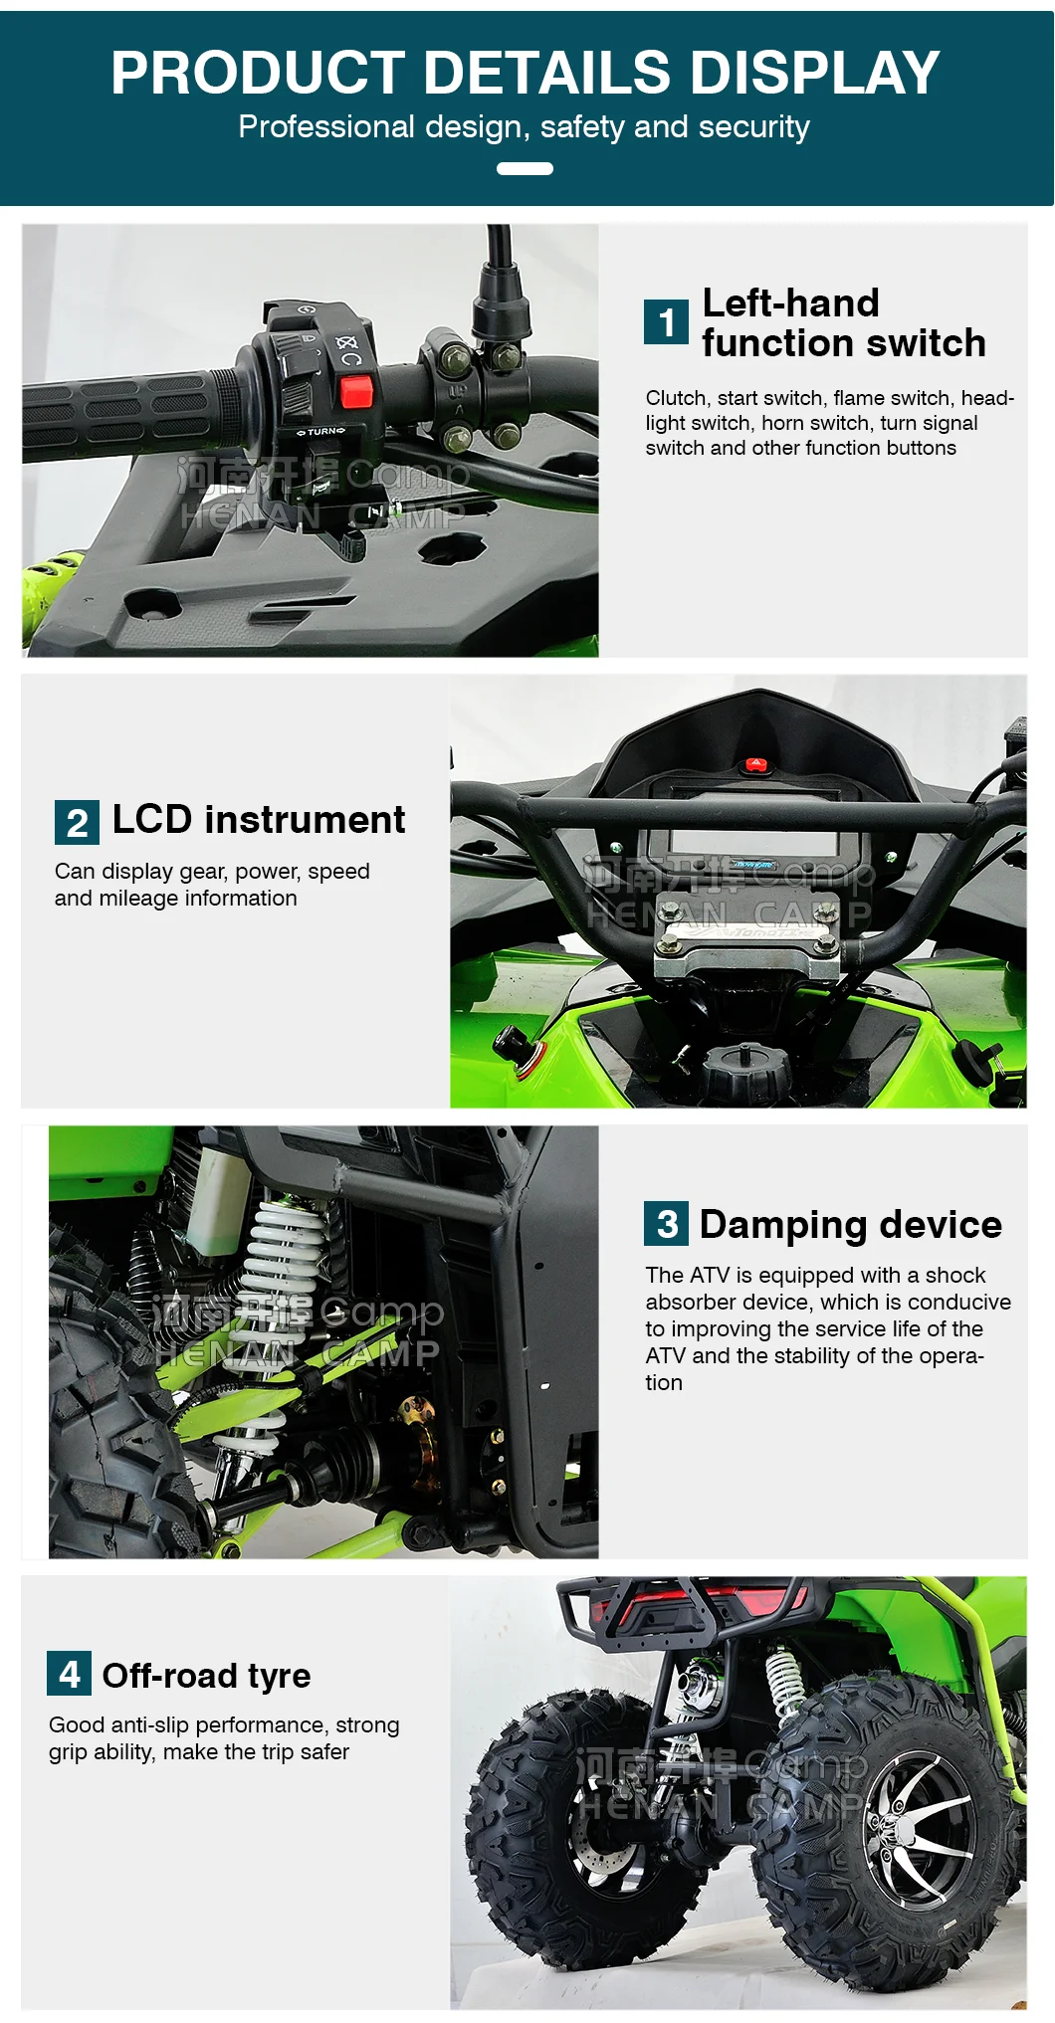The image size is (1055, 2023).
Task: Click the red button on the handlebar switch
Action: (x=355, y=391)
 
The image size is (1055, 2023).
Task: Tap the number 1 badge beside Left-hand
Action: (x=666, y=322)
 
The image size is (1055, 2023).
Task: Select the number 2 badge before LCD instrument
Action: (x=77, y=823)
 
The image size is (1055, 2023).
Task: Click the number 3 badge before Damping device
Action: (x=666, y=1224)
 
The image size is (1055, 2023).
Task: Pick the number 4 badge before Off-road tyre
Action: (x=69, y=1674)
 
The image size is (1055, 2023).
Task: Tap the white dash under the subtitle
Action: (x=525, y=168)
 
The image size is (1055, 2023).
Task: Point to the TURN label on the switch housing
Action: (x=322, y=431)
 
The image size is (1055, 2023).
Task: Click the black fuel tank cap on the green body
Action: (x=745, y=1070)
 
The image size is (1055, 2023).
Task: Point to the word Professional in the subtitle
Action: (x=326, y=127)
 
